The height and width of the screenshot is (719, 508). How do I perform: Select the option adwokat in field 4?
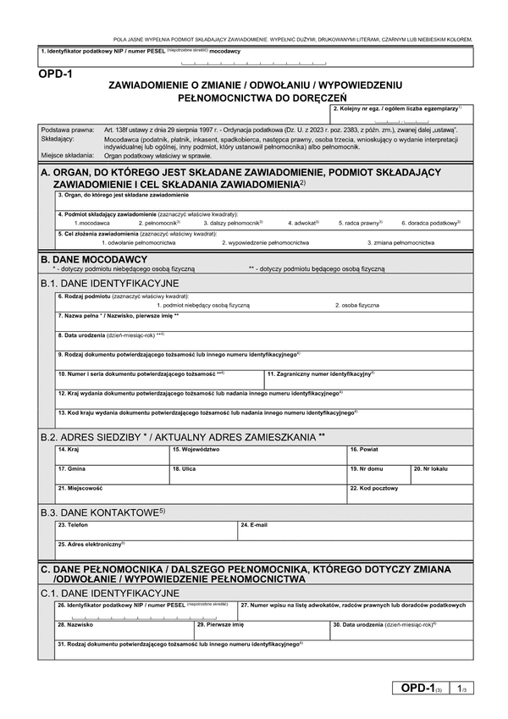pyautogui.click(x=302, y=222)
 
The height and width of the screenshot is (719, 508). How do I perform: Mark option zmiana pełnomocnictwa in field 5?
pyautogui.click(x=403, y=242)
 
